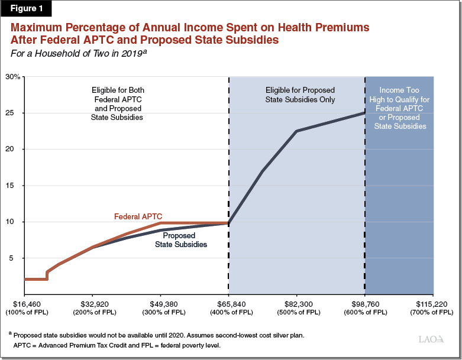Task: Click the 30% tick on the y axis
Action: click(13, 77)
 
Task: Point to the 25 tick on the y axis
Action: click(16, 113)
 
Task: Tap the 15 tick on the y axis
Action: click(16, 186)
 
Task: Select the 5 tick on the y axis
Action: click(18, 258)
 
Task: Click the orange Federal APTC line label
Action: click(138, 216)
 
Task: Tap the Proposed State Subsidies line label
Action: click(180, 240)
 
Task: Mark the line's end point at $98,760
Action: click(365, 113)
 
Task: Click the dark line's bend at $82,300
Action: click(296, 131)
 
